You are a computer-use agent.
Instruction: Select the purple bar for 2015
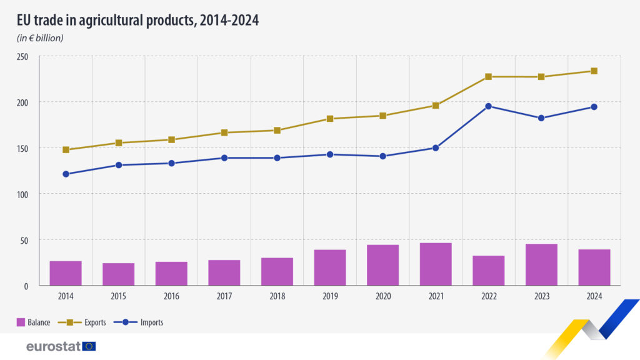pyautogui.click(x=119, y=274)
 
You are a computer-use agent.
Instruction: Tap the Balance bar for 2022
pyautogui.click(x=488, y=270)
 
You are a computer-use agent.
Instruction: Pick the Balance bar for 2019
pyautogui.click(x=330, y=267)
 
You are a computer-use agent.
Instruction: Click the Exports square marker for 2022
pyautogui.click(x=488, y=77)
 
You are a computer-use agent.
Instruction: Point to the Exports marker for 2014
pyautogui.click(x=66, y=150)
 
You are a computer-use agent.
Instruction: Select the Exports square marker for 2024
pyautogui.click(x=594, y=71)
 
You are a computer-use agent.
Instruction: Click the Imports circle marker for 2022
pyautogui.click(x=488, y=106)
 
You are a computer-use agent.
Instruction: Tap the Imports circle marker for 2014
pyautogui.click(x=66, y=174)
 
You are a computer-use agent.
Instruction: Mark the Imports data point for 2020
pyautogui.click(x=382, y=156)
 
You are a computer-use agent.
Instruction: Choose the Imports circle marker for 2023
pyautogui.click(x=541, y=118)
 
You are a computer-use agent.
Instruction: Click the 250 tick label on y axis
pyautogui.click(x=23, y=56)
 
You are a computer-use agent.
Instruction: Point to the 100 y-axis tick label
pyautogui.click(x=23, y=194)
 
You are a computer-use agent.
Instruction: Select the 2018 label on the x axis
pyautogui.click(x=277, y=297)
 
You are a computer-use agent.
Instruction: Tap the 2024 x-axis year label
pyautogui.click(x=594, y=297)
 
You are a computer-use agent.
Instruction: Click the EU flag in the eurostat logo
pyautogui.click(x=89, y=346)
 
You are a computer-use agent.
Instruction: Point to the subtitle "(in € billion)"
pyautogui.click(x=40, y=38)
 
